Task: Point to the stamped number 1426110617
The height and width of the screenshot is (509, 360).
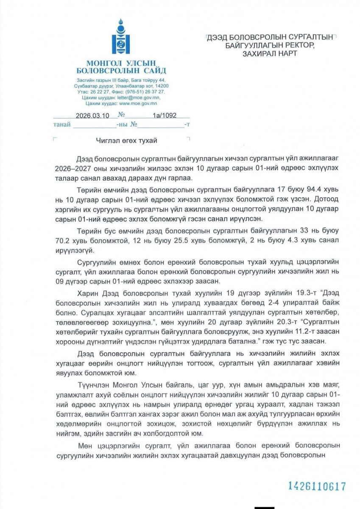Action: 317,486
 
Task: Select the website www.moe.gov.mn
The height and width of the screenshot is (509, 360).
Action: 138,103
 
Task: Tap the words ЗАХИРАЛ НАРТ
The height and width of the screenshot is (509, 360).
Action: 270,53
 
